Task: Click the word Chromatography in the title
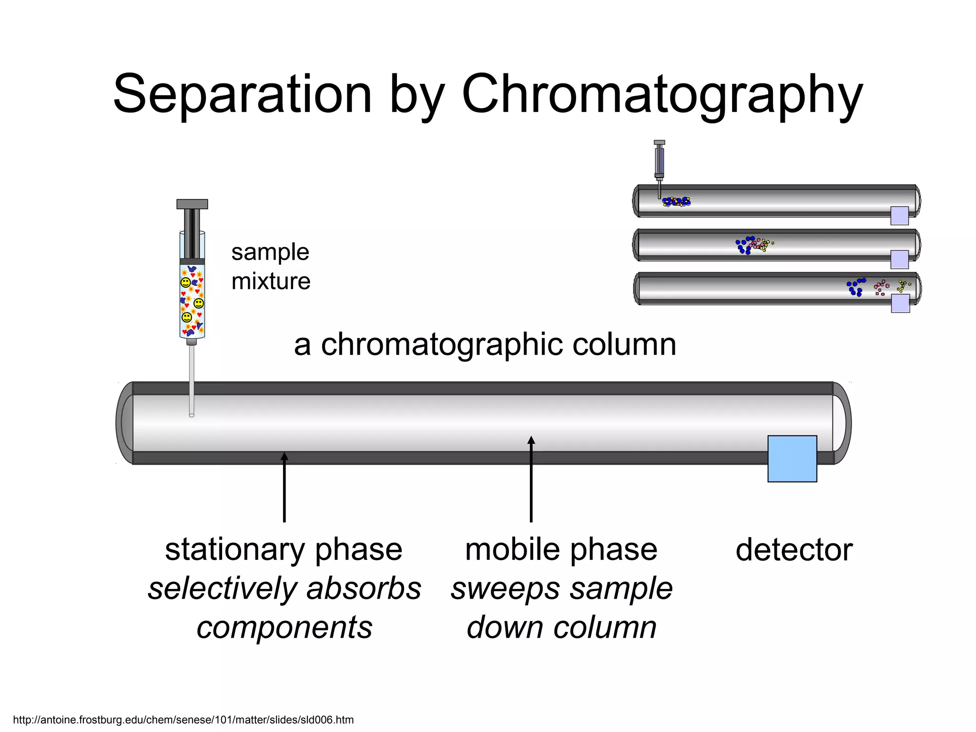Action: [662, 94]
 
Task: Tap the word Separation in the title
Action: [242, 94]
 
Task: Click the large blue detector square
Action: [792, 458]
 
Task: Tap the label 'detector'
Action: [794, 550]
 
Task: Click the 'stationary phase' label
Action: [284, 550]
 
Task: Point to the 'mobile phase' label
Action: [561, 550]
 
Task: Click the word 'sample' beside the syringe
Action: [270, 252]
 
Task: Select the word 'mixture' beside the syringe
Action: [271, 281]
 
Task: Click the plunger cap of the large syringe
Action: [192, 204]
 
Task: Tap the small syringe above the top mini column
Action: [660, 162]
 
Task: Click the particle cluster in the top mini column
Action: [676, 202]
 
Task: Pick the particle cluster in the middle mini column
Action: [753, 245]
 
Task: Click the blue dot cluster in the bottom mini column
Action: [856, 287]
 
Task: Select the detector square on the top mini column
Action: [900, 215]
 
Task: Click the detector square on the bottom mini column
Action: [900, 303]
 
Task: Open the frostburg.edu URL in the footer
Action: [183, 720]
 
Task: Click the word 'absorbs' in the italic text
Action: [364, 589]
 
